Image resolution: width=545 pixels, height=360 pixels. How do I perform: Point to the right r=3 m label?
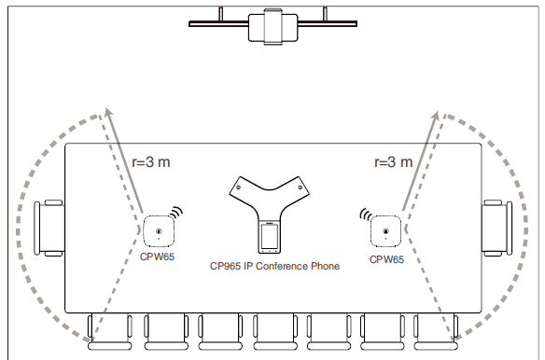click(392, 162)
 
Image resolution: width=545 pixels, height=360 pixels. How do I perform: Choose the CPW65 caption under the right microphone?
click(386, 258)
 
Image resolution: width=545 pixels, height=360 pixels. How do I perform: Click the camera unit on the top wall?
click(272, 26)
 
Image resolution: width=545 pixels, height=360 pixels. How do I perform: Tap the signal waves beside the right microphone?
click(365, 216)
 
